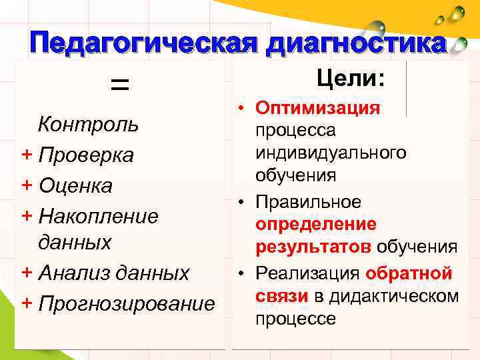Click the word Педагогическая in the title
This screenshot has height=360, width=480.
pos(143,44)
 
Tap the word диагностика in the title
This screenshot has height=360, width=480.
pos(355,44)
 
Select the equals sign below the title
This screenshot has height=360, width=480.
pos(119,84)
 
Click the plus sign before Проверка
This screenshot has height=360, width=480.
pos(27,154)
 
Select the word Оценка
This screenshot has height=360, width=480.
pos(75,185)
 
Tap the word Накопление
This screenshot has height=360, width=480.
pos(99,215)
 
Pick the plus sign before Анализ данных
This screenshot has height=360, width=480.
pos(27,272)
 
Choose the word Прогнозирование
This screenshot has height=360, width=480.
pos(127,304)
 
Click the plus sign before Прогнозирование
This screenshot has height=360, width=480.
pos(27,303)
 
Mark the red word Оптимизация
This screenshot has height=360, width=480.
pos(318,108)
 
